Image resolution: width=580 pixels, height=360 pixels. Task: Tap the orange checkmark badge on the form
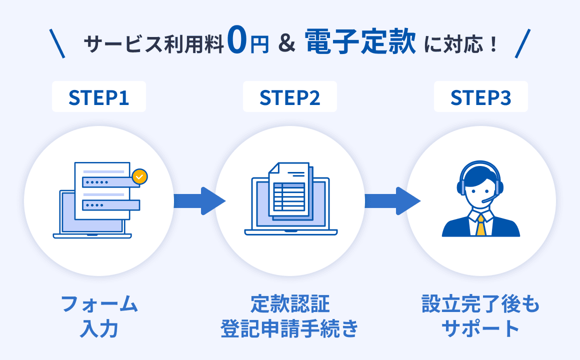[x=140, y=176]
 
